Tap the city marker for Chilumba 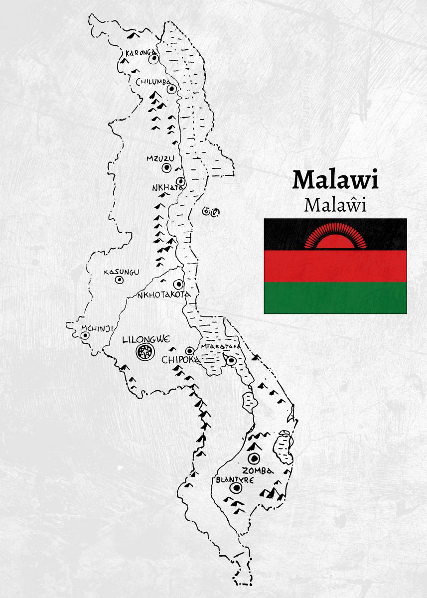tap(172, 89)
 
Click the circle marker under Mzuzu tap(166, 168)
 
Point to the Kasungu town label tap(121, 272)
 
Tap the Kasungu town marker tap(120, 280)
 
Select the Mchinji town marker tap(85, 335)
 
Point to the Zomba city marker tap(255, 458)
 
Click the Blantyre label tap(235, 479)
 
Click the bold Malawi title tap(335, 180)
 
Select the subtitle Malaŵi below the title tap(335, 205)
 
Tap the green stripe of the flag tap(335, 298)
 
